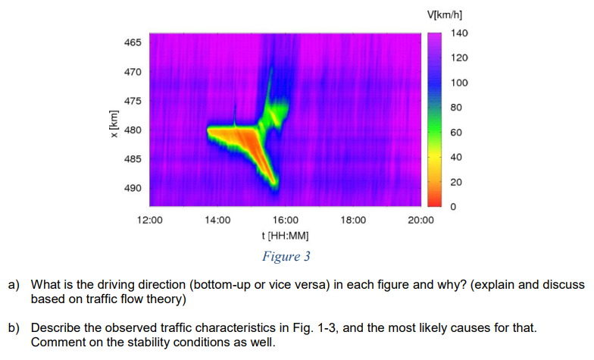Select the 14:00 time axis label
(x=217, y=221)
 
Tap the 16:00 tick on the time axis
(x=285, y=221)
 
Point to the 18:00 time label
(x=353, y=221)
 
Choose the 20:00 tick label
(x=420, y=221)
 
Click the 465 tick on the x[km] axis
(x=132, y=42)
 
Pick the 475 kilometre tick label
(x=132, y=101)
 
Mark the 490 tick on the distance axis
(x=132, y=188)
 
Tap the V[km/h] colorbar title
(x=445, y=14)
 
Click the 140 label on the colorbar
(x=459, y=33)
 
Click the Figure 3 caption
(x=286, y=256)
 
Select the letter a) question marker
(x=14, y=285)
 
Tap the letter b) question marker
(x=14, y=330)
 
